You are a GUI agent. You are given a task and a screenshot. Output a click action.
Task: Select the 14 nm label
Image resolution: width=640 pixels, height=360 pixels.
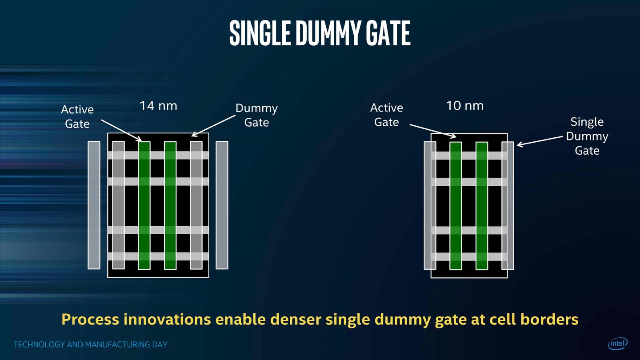click(158, 106)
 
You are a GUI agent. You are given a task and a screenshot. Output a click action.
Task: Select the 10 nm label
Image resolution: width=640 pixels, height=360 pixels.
click(464, 106)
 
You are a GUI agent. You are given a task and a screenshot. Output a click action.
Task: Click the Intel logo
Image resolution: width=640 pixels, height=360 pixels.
click(618, 344)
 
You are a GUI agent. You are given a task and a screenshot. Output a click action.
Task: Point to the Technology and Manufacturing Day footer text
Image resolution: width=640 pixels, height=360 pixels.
click(91, 344)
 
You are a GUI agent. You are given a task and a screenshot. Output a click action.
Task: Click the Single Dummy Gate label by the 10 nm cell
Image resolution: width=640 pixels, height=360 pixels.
click(587, 136)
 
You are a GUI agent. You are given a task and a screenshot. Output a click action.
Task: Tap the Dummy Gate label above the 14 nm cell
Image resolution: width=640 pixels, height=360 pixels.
click(256, 115)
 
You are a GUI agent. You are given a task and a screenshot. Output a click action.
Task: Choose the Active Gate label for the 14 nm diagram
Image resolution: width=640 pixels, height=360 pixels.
click(77, 116)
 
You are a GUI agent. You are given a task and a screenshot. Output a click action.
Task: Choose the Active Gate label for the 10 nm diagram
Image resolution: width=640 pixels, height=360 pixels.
click(386, 115)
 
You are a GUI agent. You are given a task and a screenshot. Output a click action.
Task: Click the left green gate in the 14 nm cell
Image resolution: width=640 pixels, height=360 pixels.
click(144, 205)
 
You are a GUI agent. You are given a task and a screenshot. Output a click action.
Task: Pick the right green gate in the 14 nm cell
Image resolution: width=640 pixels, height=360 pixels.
click(170, 205)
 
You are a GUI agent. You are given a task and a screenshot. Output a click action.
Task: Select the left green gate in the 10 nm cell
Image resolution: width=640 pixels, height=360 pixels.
click(456, 205)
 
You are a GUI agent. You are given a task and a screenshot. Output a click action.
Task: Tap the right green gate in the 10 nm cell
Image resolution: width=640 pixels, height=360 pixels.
click(482, 205)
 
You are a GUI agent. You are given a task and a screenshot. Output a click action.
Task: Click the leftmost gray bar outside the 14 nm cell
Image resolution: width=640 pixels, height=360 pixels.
click(94, 205)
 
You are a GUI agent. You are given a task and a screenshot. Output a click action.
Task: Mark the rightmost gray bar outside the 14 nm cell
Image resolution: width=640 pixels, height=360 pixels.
click(222, 205)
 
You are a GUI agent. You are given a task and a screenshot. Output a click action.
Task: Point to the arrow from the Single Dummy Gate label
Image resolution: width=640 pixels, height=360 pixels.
click(539, 140)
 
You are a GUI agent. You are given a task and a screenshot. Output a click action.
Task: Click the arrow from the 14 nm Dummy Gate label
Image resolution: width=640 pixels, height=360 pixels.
click(213, 125)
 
